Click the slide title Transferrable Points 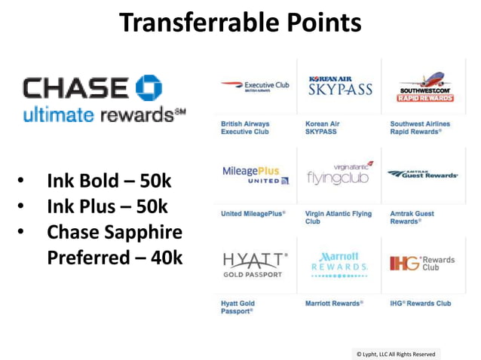(240, 23)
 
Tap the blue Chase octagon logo (149, 88)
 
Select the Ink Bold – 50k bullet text (109, 181)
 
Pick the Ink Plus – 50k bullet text (107, 206)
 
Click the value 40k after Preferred (167, 258)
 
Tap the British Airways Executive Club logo (255, 86)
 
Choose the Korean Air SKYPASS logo (340, 86)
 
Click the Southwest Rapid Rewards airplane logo (426, 87)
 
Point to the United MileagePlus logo (256, 175)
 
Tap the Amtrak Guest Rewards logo (423, 174)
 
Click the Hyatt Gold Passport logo (254, 264)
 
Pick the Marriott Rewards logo (340, 263)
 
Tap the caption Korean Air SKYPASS (323, 127)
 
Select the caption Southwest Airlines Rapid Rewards (420, 127)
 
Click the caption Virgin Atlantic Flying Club (339, 218)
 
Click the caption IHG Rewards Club (420, 304)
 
